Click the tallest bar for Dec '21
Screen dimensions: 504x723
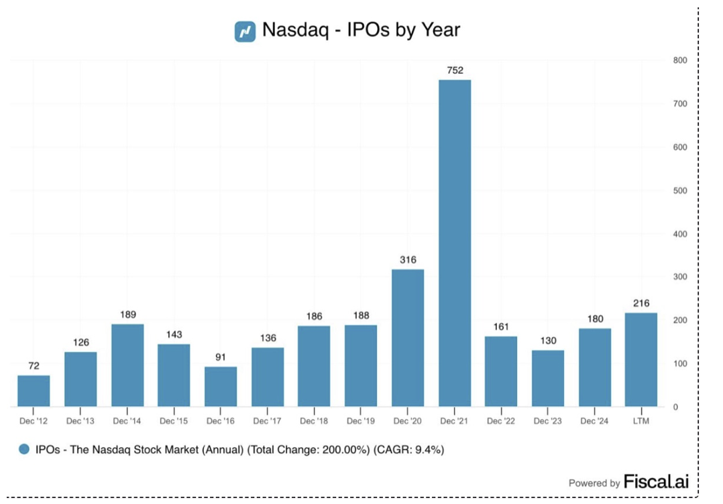click(x=455, y=243)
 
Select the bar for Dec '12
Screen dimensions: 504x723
click(x=34, y=391)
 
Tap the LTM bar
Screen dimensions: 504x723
click(x=641, y=359)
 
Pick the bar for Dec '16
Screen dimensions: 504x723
click(x=221, y=386)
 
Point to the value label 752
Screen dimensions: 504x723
click(x=455, y=70)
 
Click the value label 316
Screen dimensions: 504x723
click(x=408, y=259)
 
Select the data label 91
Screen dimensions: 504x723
click(x=221, y=357)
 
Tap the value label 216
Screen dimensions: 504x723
click(x=641, y=303)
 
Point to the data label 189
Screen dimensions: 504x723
click(x=127, y=314)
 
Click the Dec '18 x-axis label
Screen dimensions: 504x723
click(x=314, y=421)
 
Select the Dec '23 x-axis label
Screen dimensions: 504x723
click(x=548, y=421)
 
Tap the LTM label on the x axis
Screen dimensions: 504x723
click(x=641, y=421)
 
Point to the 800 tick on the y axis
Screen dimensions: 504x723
click(x=680, y=60)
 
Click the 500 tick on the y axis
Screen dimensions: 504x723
click(x=680, y=190)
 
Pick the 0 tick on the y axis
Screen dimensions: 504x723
click(x=675, y=407)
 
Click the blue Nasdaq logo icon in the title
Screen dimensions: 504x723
click(x=245, y=31)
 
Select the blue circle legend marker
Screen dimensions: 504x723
click(x=25, y=450)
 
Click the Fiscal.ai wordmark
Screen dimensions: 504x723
click(x=656, y=482)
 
